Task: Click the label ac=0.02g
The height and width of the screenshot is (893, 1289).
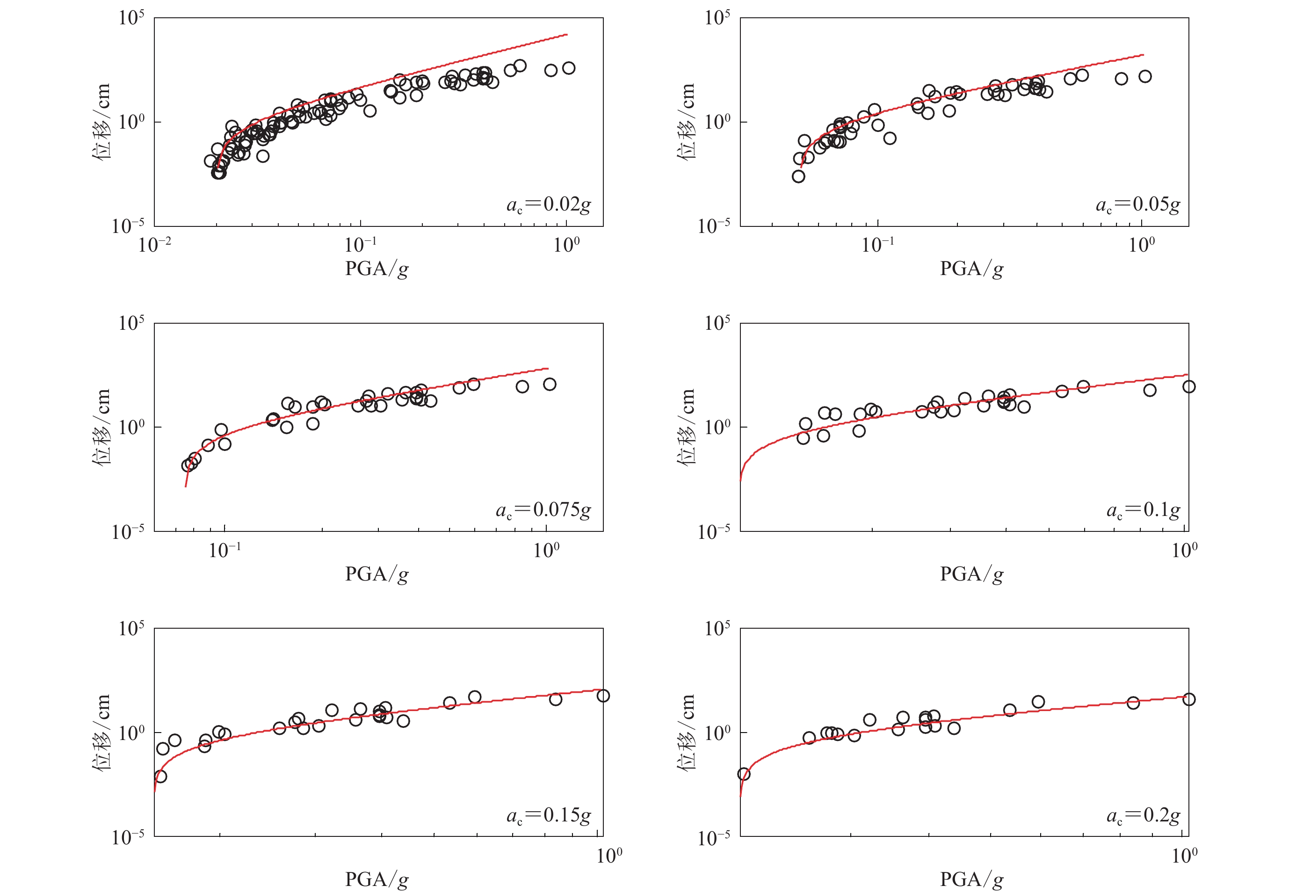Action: pos(548,205)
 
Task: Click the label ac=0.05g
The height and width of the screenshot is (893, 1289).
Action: pos(1137,205)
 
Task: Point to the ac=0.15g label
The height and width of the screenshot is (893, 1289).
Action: pos(548,815)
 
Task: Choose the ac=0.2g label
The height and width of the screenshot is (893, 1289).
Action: pos(1143,815)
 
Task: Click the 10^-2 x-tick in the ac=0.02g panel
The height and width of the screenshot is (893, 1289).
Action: pos(155,245)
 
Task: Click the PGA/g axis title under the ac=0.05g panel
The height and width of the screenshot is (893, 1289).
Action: pos(971,269)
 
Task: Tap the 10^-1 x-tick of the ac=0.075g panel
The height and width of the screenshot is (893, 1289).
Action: pos(225,550)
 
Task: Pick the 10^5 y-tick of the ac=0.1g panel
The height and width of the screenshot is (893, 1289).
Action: pos(717,323)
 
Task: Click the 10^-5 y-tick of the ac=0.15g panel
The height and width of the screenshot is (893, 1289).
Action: pos(128,837)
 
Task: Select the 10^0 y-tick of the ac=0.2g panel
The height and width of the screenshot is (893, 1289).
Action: pos(717,733)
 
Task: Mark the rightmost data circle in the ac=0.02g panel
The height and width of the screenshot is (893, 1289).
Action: pos(568,68)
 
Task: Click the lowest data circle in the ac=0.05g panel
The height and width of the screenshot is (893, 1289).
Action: pos(798,177)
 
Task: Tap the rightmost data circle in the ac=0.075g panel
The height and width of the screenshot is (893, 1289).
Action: pos(550,385)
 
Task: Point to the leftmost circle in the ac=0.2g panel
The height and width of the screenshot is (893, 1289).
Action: pos(744,774)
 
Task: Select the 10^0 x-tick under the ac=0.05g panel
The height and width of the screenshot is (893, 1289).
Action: pos(1141,245)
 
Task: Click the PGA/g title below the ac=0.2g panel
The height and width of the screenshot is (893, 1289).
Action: pos(971,879)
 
